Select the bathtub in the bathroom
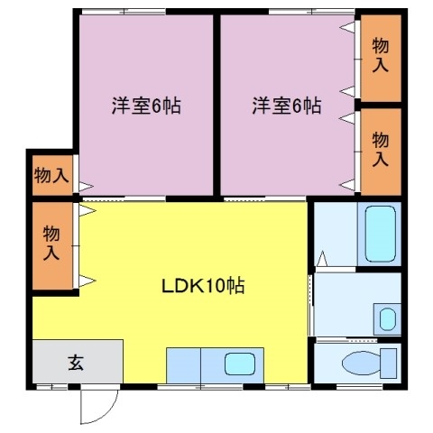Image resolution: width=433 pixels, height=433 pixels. (x=379, y=234)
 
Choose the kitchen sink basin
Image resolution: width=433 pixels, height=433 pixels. (x=239, y=364)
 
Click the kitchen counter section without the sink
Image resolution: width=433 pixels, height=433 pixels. (x=183, y=365)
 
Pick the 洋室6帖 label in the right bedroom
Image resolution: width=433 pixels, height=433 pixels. (x=285, y=106)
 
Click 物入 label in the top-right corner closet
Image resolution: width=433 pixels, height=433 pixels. (x=380, y=56)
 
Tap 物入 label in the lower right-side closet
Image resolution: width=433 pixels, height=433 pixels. (x=380, y=150)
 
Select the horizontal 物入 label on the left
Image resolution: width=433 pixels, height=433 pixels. (x=51, y=175)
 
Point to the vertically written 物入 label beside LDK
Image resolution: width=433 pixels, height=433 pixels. (x=51, y=244)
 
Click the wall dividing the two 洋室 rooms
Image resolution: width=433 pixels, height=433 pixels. (x=216, y=99)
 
